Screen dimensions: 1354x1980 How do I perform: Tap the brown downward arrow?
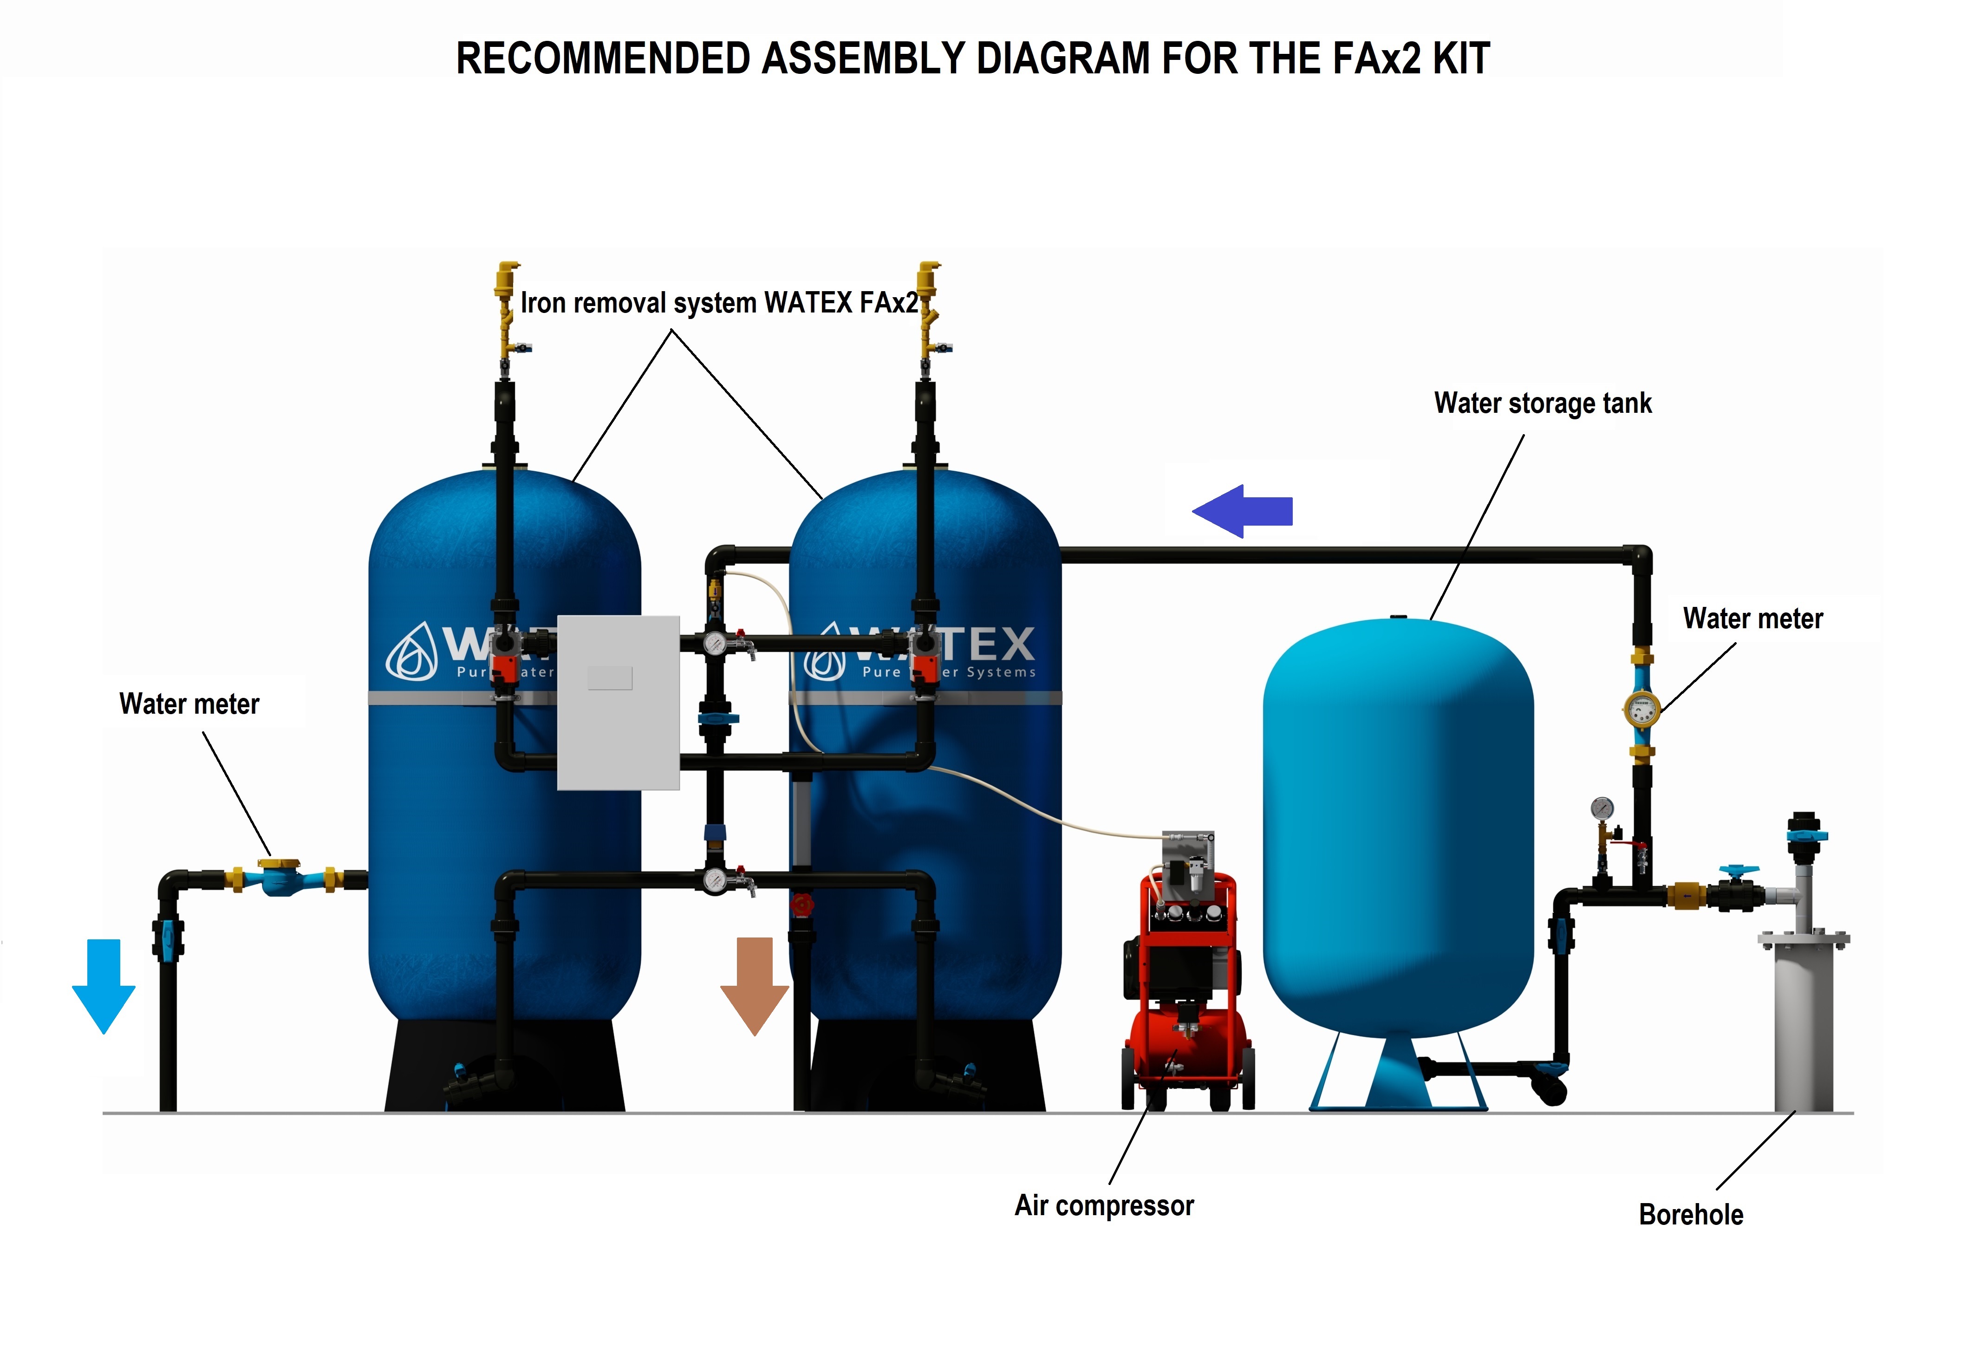pos(754,984)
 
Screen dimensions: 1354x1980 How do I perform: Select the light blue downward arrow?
pos(103,985)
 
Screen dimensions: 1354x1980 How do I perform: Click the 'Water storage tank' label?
pos(1542,403)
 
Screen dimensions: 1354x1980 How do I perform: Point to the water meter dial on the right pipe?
pos(1641,709)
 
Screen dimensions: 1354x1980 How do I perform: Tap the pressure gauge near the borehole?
pos(1602,808)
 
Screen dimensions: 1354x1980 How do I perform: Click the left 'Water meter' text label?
pos(189,704)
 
